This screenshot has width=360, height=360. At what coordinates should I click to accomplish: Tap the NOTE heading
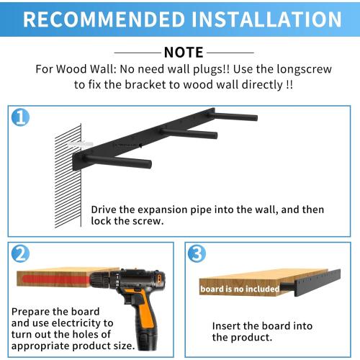[x=184, y=52]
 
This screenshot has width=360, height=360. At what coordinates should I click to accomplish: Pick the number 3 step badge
[x=196, y=253]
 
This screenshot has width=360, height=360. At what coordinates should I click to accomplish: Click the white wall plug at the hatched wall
[x=77, y=145]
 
